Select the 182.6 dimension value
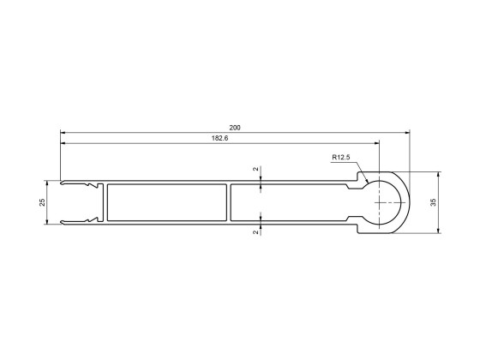coord(219,138)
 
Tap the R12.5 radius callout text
coord(342,157)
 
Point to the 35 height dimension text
coord(433,201)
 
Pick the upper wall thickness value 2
coord(256,170)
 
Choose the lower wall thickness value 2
coord(256,231)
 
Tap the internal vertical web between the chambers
coord(230,203)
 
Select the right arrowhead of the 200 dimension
coord(406,133)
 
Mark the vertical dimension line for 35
coord(440,214)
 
